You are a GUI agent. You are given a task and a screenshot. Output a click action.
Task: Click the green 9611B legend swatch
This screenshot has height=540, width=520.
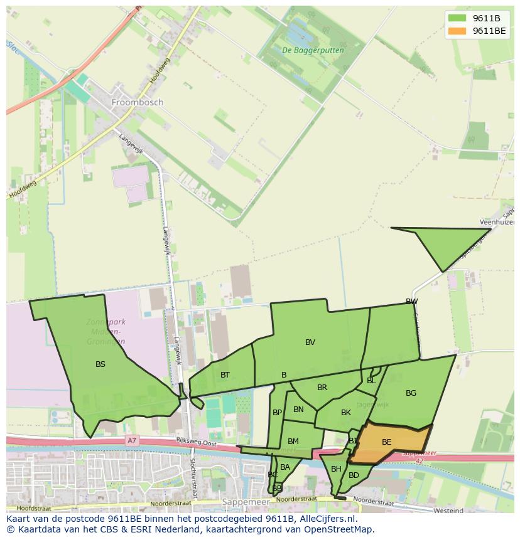click(x=457, y=18)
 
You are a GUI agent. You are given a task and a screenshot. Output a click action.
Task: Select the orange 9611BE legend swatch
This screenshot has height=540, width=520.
click(x=457, y=31)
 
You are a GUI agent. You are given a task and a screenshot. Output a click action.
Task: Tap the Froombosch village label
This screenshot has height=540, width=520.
click(x=137, y=102)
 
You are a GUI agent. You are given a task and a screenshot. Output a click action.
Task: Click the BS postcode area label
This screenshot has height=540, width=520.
click(x=100, y=364)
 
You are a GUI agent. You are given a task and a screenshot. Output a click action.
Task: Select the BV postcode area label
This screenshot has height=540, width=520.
click(x=310, y=342)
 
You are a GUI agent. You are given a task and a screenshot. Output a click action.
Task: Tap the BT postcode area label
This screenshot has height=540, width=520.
click(x=225, y=374)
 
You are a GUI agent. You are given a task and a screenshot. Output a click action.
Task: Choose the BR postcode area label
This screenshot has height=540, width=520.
click(x=322, y=388)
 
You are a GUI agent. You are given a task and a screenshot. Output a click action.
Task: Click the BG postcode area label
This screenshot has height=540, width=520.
click(x=411, y=393)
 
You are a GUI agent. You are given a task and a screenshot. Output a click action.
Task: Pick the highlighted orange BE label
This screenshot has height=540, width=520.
click(x=386, y=442)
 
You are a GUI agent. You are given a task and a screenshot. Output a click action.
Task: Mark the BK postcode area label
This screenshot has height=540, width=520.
click(x=346, y=413)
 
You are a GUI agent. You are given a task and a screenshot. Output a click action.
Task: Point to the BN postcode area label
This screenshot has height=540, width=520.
click(x=298, y=410)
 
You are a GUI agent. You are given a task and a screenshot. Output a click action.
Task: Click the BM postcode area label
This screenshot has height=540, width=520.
click(x=293, y=442)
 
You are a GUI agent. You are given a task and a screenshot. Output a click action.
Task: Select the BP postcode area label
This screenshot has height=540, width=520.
click(x=277, y=413)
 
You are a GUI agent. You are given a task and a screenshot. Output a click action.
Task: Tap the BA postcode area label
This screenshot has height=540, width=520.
click(x=285, y=467)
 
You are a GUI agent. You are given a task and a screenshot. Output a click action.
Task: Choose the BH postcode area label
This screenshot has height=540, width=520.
click(x=336, y=469)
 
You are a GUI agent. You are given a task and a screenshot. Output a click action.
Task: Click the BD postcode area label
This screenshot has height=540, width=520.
click(x=354, y=475)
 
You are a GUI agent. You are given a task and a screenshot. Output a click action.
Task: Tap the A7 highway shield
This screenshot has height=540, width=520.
click(x=131, y=441)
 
